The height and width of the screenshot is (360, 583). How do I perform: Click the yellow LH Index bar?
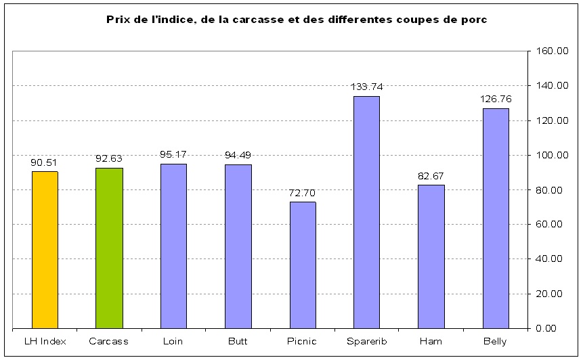pyautogui.click(x=45, y=250)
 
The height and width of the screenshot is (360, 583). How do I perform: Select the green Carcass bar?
pyautogui.click(x=108, y=248)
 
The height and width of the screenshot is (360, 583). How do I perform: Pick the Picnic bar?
pyautogui.click(x=302, y=265)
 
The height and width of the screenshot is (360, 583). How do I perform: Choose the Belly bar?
pyautogui.click(x=496, y=218)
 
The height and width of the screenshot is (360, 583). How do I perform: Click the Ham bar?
pyautogui.click(x=431, y=256)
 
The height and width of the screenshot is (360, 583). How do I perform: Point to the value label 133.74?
pyautogui.click(x=366, y=87)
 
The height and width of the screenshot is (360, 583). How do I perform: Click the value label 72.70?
pyautogui.click(x=302, y=193)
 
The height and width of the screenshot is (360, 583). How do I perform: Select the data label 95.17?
pyautogui.click(x=173, y=154)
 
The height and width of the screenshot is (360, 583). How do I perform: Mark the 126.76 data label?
pyautogui.click(x=496, y=99)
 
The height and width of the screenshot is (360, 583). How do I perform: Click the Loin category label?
pyautogui.click(x=173, y=341)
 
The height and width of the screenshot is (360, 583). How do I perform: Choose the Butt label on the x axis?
pyautogui.click(x=238, y=341)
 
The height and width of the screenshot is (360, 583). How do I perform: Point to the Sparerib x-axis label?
pyautogui.click(x=366, y=341)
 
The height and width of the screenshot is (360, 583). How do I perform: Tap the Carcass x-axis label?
pyautogui.click(x=108, y=341)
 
